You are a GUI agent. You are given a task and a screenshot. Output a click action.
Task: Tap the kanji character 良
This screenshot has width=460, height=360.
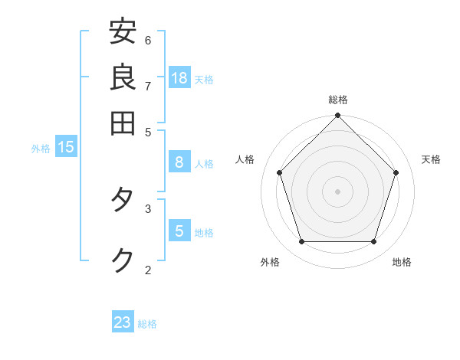[123, 77]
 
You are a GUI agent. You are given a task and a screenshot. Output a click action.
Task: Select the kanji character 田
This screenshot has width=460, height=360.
[123, 122]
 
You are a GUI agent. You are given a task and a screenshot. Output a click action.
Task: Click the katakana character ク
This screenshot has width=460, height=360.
[123, 260]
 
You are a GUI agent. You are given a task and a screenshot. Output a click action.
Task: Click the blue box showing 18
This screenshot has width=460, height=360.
[179, 77]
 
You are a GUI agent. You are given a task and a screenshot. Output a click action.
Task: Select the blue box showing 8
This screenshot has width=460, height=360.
[179, 162]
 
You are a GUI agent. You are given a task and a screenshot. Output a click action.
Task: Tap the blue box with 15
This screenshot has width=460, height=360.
[66, 147]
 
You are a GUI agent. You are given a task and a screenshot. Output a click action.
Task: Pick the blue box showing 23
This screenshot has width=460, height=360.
[123, 322]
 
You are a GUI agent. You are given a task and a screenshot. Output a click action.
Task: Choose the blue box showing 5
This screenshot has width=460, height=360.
[179, 231]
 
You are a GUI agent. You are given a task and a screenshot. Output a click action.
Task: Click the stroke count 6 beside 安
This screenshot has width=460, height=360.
[148, 40]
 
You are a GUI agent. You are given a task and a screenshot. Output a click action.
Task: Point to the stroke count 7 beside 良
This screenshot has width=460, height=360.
[148, 85]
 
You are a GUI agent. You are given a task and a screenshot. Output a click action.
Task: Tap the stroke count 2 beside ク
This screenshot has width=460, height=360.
[148, 270]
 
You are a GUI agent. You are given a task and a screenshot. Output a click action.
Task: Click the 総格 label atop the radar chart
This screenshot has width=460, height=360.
[338, 100]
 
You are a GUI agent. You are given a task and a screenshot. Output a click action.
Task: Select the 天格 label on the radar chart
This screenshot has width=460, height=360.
[431, 159]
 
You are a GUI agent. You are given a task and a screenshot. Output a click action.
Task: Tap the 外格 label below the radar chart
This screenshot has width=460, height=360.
[270, 262]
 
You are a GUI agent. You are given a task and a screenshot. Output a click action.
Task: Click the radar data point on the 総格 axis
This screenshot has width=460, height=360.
[338, 116]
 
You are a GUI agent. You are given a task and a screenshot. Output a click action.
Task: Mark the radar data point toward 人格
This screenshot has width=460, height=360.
[280, 172]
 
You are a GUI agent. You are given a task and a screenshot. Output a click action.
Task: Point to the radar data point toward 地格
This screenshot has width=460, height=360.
[374, 241]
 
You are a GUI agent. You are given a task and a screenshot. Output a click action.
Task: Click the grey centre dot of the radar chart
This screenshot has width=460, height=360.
[338, 191]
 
